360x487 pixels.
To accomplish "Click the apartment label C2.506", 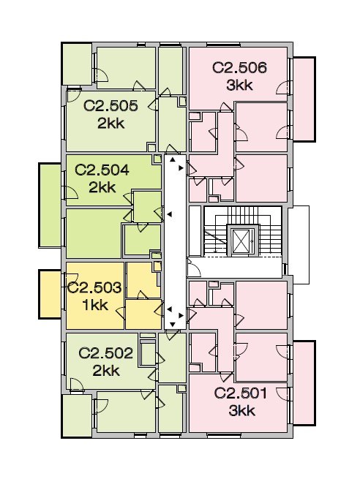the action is tap(239, 67).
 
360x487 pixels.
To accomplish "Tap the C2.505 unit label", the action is tap(110, 105).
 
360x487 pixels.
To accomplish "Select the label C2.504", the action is tap(102, 170).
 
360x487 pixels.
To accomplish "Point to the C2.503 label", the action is tap(94, 287).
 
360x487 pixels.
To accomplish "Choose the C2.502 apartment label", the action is tap(105, 353).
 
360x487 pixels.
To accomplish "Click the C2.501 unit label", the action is tap(240, 393).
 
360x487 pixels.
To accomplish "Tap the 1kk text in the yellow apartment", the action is tap(95, 306).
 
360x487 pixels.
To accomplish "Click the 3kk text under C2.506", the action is tap(239, 85).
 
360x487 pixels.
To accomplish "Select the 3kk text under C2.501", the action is tap(241, 411).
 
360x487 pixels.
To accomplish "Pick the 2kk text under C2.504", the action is tap(102, 188).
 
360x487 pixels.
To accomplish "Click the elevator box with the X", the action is tap(241, 241).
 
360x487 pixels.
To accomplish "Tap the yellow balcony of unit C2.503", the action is tap(50, 295).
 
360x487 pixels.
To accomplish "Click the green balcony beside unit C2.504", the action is tap(50, 205).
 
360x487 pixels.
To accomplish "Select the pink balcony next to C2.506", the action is tap(304, 99).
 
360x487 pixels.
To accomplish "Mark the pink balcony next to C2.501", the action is tap(304, 383).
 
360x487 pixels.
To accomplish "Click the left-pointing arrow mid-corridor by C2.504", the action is tap(170, 214).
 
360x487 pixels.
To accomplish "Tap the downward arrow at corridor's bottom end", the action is tap(172, 325).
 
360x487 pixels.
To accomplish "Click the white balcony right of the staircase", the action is tap(299, 245).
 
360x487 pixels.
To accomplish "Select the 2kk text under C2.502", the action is tap(106, 371).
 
